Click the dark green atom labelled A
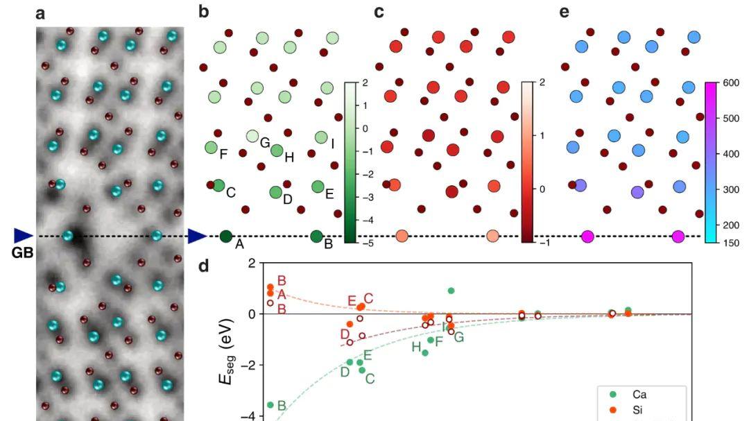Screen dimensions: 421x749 225,237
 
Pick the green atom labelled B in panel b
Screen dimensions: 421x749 317,237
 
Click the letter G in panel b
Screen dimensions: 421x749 264,143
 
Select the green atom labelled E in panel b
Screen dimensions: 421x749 318,186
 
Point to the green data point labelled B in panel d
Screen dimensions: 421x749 270,405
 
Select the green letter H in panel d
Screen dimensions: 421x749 416,347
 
